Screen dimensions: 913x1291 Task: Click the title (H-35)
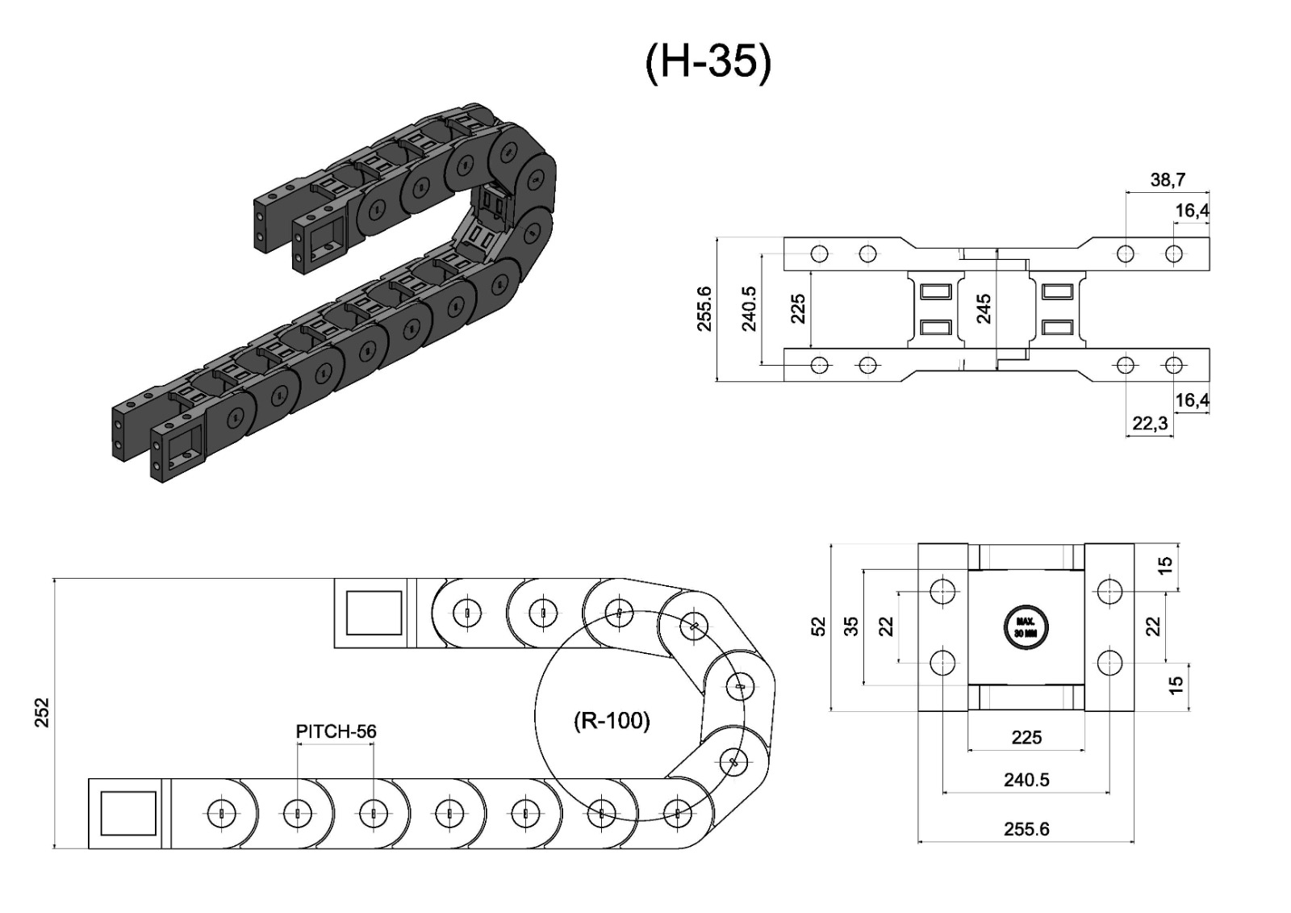click(x=708, y=61)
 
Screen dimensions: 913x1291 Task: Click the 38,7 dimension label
click(x=1167, y=179)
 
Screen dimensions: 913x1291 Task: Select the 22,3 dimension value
click(x=1150, y=424)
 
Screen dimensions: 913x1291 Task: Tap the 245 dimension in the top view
click(x=984, y=308)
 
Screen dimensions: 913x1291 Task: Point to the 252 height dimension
click(x=42, y=713)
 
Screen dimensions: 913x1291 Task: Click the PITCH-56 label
click(x=336, y=731)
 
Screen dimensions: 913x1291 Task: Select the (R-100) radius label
click(x=612, y=720)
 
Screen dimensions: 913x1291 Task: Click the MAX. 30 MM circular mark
click(x=1026, y=627)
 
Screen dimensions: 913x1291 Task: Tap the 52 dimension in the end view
click(x=818, y=626)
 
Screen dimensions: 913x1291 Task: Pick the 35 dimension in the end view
click(x=851, y=626)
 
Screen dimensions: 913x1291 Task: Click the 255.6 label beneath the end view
click(x=1026, y=829)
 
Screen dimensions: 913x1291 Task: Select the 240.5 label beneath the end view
click(x=1026, y=780)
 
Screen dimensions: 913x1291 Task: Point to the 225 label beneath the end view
click(x=1026, y=737)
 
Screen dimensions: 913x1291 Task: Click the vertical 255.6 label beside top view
click(x=704, y=308)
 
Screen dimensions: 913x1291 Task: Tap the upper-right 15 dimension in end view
click(x=1165, y=566)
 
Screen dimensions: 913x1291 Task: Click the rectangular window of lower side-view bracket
click(x=127, y=813)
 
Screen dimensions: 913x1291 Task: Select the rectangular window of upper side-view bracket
click(x=374, y=613)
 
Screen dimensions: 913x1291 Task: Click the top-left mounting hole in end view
click(x=942, y=592)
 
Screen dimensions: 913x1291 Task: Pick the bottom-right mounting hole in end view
click(x=1109, y=663)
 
